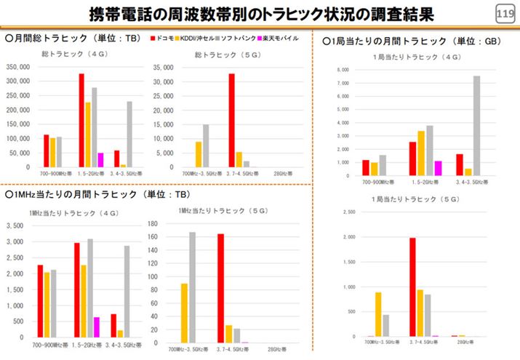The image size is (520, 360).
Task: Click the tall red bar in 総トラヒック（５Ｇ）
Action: click(231, 120)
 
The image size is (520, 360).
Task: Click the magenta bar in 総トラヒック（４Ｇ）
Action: click(100, 160)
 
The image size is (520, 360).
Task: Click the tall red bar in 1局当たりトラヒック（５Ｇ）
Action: click(412, 287)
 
